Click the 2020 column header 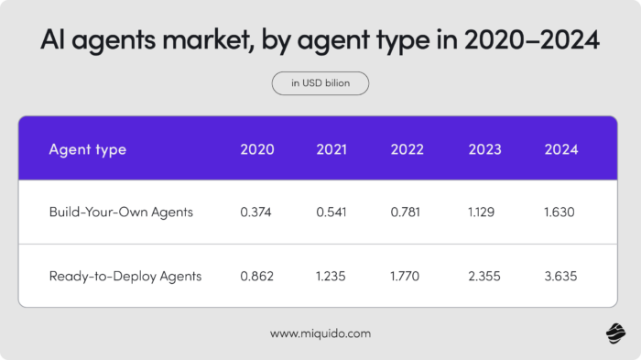tap(257, 149)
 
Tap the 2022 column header tap(408, 149)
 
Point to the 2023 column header tap(484, 149)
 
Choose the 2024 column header tap(560, 149)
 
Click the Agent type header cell tap(87, 149)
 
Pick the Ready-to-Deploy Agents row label tap(125, 275)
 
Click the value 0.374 tap(257, 212)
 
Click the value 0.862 tap(257, 275)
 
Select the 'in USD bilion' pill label tap(320, 83)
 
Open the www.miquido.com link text tap(320, 333)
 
